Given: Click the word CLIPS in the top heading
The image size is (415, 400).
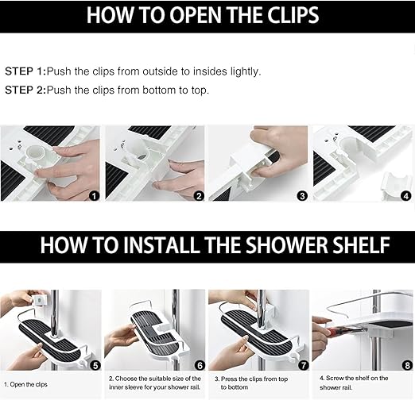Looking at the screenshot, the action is tap(293, 15).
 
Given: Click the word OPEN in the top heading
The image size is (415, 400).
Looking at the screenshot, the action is tap(196, 15).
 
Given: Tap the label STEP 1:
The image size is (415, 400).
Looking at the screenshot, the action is tap(25, 71).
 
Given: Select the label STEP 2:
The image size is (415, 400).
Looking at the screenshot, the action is tap(25, 90).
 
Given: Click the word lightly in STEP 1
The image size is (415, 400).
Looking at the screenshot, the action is tap(246, 72).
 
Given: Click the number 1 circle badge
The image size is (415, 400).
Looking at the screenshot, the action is tap(94, 196).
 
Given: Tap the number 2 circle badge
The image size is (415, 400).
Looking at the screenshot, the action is tap(199, 196).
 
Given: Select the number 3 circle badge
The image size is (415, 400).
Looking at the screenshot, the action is tap(302, 196).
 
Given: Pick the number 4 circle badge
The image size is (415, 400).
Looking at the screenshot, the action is tap(406, 196).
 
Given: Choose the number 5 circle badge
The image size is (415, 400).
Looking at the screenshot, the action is tap(95, 365).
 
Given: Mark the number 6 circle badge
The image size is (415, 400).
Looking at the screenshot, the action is tap(200, 365).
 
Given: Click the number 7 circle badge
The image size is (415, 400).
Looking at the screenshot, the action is tap(304, 365).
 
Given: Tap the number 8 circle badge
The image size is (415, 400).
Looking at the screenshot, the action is tap(408, 365).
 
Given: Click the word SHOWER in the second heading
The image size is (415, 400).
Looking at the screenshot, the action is tap(287, 245).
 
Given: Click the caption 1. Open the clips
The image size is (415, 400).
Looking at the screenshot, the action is tap(25, 384).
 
